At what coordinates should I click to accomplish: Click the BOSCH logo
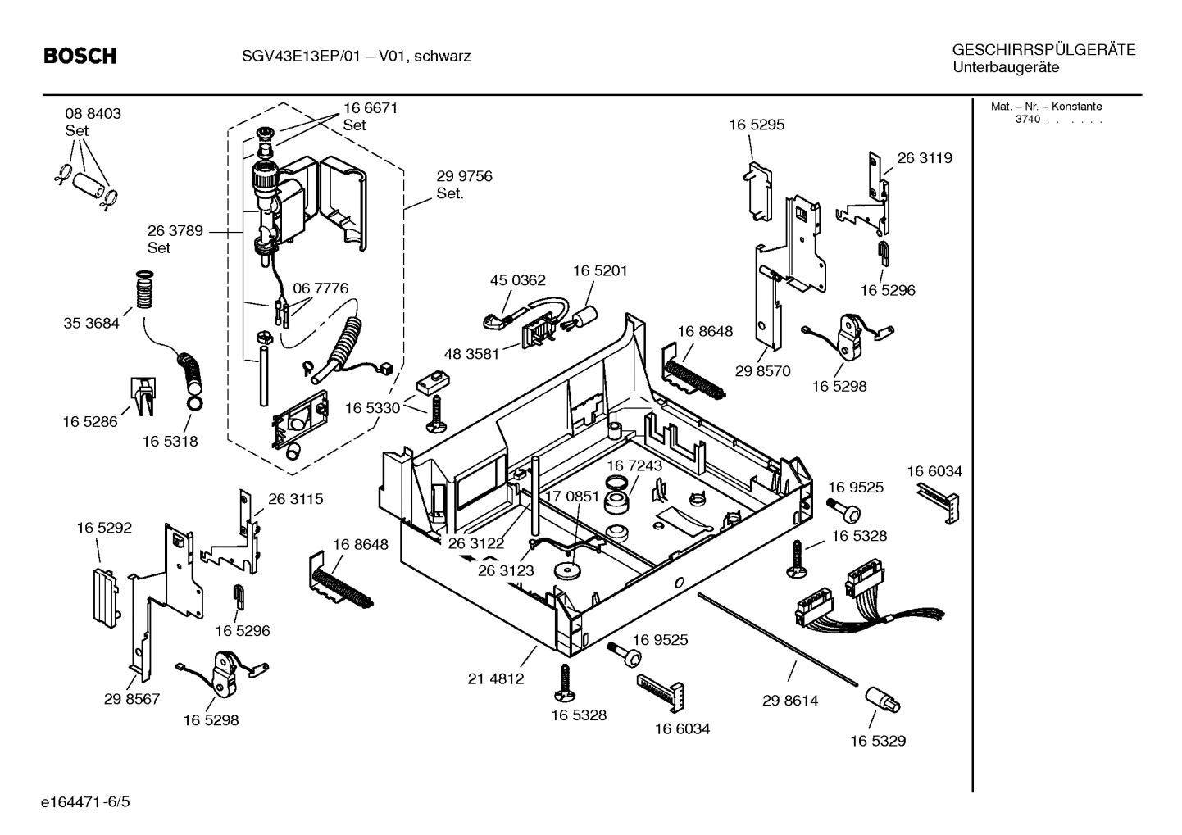80,56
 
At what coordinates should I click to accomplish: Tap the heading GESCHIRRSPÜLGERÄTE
1043,50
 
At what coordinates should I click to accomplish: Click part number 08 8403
93,114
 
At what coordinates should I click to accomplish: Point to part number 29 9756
464,176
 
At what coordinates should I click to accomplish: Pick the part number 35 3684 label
91,323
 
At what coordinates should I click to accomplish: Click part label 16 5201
600,270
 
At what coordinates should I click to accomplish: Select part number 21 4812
496,678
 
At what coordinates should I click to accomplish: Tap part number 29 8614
790,701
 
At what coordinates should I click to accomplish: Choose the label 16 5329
878,741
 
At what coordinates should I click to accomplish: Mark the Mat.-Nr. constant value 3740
1028,120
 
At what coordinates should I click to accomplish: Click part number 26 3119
925,158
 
